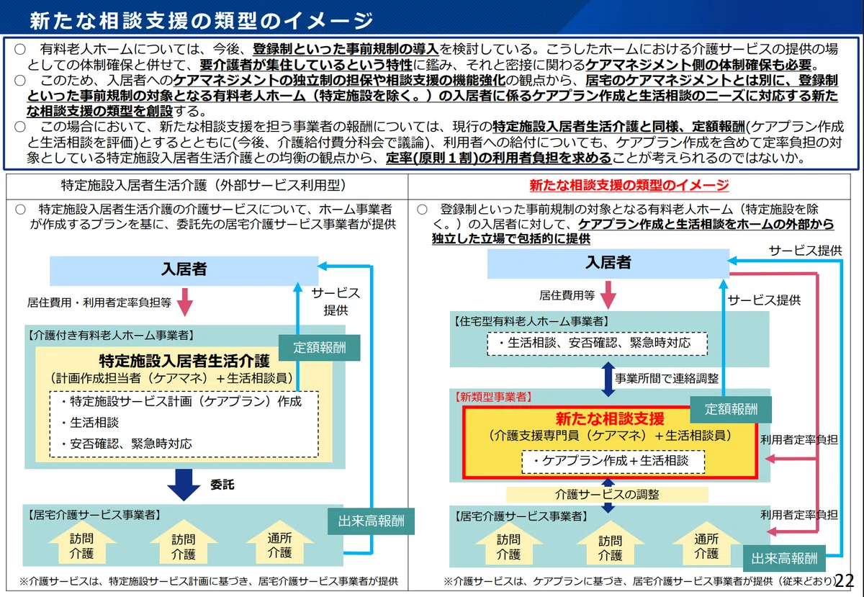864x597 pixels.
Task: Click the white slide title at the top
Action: pyautogui.click(x=202, y=20)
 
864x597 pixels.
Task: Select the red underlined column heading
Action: pyautogui.click(x=629, y=185)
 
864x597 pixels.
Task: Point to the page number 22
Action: pyautogui.click(x=844, y=580)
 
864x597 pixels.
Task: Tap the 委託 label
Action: pyautogui.click(x=222, y=485)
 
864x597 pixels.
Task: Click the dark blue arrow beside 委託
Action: pyautogui.click(x=184, y=485)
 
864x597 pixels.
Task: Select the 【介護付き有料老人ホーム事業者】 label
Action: pyautogui.click(x=111, y=335)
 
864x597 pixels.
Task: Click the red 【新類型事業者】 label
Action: pyautogui.click(x=493, y=397)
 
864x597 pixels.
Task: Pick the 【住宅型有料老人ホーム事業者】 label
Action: pyautogui.click(x=532, y=321)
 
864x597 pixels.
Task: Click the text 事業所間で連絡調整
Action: pyautogui.click(x=667, y=378)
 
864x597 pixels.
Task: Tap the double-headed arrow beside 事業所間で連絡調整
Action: pyautogui.click(x=608, y=379)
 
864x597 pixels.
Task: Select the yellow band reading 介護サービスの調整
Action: pyautogui.click(x=607, y=494)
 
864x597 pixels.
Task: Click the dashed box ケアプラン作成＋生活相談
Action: pyautogui.click(x=613, y=461)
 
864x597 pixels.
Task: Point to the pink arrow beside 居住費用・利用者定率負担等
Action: pyautogui.click(x=185, y=302)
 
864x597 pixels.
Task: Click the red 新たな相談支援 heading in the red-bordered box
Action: pyautogui.click(x=610, y=418)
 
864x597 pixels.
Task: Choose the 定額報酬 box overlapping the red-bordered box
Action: pyautogui.click(x=731, y=410)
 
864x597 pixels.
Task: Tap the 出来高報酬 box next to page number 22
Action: pyautogui.click(x=784, y=558)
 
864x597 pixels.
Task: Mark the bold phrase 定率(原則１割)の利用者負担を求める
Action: pyautogui.click(x=499, y=158)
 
